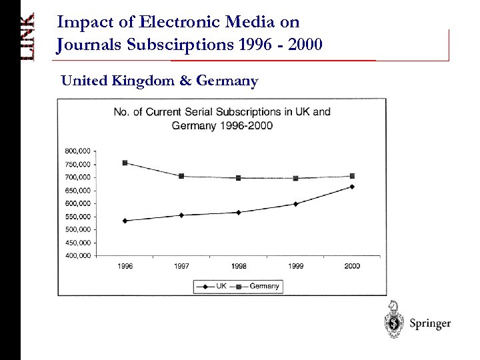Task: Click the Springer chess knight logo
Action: click(x=395, y=321)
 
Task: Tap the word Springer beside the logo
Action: click(x=430, y=323)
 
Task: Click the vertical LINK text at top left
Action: click(x=26, y=39)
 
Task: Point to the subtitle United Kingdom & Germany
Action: click(x=159, y=81)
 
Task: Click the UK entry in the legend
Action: click(x=213, y=286)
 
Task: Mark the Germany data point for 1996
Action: click(x=125, y=163)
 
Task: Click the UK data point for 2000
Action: click(x=352, y=187)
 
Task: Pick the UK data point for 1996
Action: click(x=125, y=221)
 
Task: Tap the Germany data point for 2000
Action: click(x=352, y=176)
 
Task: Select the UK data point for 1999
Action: click(x=295, y=204)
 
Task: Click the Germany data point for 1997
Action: click(x=181, y=176)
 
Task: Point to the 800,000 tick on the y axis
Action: click(x=77, y=151)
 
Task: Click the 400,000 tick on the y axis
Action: click(x=77, y=255)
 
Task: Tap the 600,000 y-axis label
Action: click(x=77, y=203)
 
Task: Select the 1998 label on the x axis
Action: click(x=239, y=265)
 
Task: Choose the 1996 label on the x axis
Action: click(x=125, y=265)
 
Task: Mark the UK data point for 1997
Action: click(x=181, y=215)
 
